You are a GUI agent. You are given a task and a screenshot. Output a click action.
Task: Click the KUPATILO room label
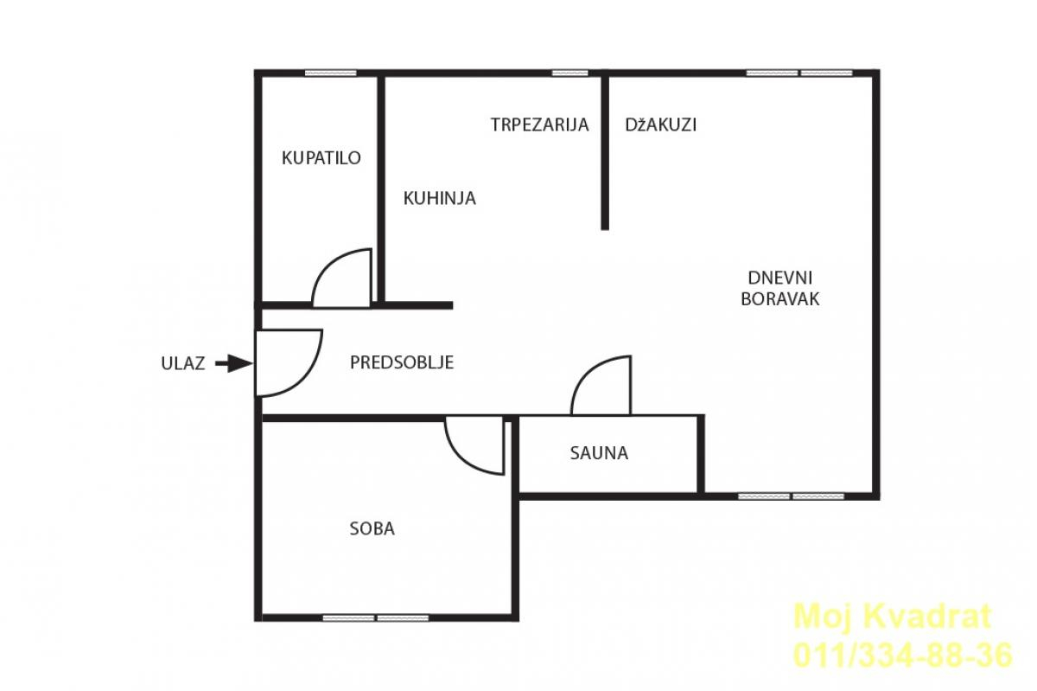coord(321,158)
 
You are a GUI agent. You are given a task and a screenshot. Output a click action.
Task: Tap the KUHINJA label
coord(439,198)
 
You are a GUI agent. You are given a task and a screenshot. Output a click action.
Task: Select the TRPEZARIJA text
coord(539,125)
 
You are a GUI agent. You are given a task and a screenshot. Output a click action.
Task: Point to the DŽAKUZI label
coord(660,125)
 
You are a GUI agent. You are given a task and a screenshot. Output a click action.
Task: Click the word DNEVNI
coord(780,278)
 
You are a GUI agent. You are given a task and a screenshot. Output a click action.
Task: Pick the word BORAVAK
coord(780,299)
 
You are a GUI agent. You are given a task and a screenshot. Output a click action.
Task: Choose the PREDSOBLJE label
coord(402,362)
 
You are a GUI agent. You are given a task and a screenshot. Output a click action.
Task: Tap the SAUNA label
coord(599,453)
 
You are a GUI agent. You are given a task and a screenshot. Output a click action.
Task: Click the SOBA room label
coord(372,528)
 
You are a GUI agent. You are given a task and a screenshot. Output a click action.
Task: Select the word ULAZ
coord(183,364)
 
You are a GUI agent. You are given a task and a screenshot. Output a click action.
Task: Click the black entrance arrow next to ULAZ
coord(234,364)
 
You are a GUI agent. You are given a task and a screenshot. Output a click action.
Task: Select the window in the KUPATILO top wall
coord(330,74)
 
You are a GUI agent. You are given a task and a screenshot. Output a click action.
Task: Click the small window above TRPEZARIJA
coord(569,74)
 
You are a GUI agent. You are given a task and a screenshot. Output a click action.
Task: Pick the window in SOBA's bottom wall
coord(375,618)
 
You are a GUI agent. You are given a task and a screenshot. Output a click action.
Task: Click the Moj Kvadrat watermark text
coord(893,617)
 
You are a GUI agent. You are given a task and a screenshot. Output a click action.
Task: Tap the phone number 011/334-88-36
coord(903,656)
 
